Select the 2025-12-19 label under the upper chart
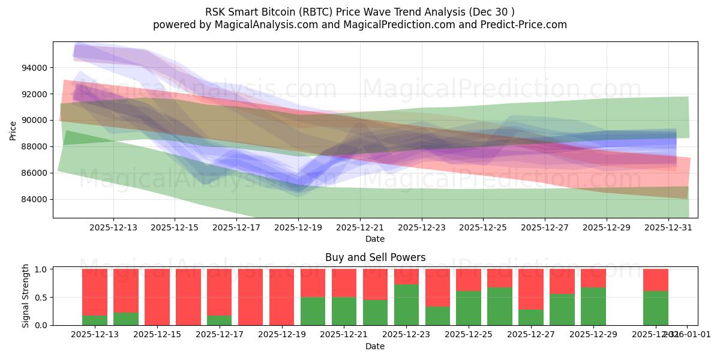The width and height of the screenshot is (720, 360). click(x=298, y=227)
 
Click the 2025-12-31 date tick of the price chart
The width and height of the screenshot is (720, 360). click(x=668, y=227)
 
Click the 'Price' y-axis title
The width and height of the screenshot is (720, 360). click(x=13, y=130)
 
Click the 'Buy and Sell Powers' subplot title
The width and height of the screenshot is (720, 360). click(x=375, y=257)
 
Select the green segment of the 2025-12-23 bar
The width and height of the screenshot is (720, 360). click(x=406, y=305)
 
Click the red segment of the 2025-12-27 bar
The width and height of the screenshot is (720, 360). click(x=530, y=289)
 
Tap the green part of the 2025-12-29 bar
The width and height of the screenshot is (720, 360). click(x=593, y=306)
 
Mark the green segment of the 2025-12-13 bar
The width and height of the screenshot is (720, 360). click(x=95, y=320)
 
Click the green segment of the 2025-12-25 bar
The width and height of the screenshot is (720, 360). click(x=469, y=308)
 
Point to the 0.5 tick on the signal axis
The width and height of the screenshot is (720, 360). click(x=42, y=297)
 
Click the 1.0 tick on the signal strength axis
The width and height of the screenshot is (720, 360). click(x=42, y=269)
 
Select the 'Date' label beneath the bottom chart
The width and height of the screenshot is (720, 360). click(x=375, y=346)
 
